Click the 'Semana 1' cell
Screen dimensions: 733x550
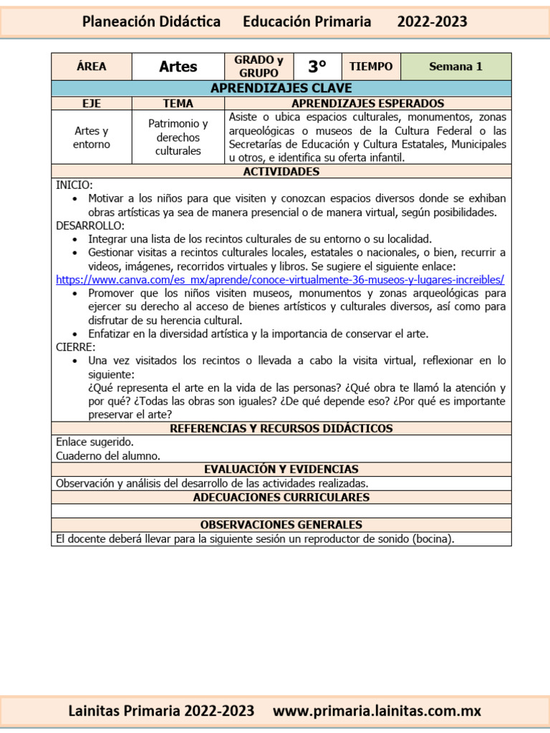click(455, 67)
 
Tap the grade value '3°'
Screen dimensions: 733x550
click(317, 67)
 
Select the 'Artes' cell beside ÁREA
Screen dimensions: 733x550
click(178, 67)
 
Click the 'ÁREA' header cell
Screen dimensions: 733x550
click(91, 67)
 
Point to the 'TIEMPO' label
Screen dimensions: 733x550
click(371, 67)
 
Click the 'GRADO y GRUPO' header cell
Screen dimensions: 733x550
click(259, 67)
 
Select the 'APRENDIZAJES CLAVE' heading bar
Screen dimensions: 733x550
click(281, 88)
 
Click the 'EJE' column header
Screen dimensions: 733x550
click(91, 103)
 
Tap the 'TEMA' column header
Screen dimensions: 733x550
click(178, 103)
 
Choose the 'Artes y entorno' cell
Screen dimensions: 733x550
click(91, 137)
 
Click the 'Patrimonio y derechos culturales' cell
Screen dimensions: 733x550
click(178, 137)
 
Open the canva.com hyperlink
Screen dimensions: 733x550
click(280, 279)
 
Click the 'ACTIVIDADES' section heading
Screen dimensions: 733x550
click(281, 172)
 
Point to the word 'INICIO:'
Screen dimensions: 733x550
click(74, 185)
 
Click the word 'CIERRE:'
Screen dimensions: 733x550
click(75, 347)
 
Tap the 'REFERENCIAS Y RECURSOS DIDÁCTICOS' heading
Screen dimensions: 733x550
click(281, 428)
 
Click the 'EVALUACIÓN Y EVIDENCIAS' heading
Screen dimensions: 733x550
click(281, 469)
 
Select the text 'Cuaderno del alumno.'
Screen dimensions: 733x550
click(108, 455)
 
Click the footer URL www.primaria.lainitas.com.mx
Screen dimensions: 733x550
click(377, 711)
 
